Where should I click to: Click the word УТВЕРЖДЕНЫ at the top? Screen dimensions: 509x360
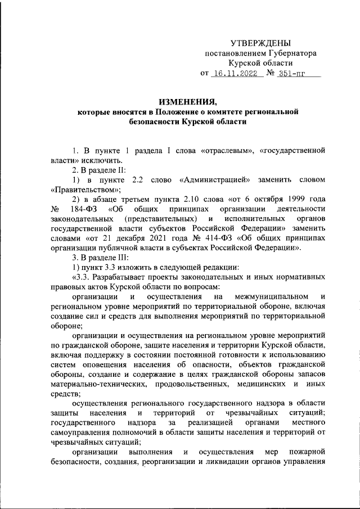click(262, 43)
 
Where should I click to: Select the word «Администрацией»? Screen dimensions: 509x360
click(216, 180)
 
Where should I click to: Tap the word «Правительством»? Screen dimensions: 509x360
click(79, 190)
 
